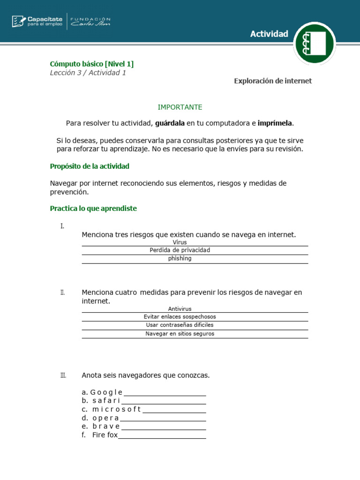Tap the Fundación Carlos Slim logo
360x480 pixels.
click(90, 21)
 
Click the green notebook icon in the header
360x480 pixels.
click(314, 43)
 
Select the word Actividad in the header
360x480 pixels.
click(269, 34)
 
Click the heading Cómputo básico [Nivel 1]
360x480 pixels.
click(92, 64)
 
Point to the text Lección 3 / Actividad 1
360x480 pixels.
click(88, 73)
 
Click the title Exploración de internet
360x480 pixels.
click(273, 81)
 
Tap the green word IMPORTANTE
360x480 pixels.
click(180, 107)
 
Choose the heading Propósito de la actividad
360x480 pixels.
click(90, 166)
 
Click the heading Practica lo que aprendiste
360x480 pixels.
click(93, 209)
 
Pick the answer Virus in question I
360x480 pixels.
click(180, 242)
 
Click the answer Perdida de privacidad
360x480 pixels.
click(180, 250)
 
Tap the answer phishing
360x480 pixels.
click(180, 258)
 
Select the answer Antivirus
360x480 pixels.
click(180, 308)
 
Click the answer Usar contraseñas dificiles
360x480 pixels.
click(180, 325)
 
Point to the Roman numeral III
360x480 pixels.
click(63, 375)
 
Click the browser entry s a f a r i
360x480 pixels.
click(106, 401)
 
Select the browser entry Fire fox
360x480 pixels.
click(105, 435)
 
